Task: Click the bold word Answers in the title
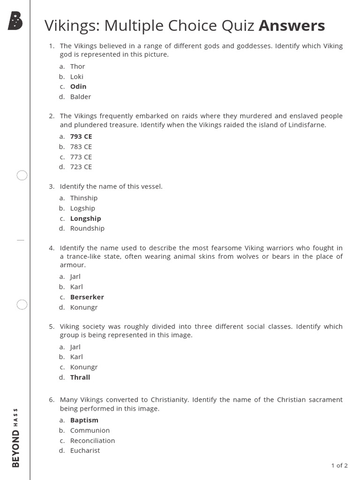[292, 26]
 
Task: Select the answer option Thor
[77, 67]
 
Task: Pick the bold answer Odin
[78, 87]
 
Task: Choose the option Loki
[76, 76]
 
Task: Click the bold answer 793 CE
[81, 136]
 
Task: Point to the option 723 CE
[81, 167]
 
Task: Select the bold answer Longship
[85, 218]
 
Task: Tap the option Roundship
[87, 229]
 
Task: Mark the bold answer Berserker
[87, 297]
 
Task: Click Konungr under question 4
[84, 307]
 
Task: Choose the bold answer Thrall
[80, 377]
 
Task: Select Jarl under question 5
[75, 347]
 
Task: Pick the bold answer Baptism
[84, 420]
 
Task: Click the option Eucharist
[85, 451]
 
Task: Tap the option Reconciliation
[92, 441]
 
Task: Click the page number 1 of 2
[339, 465]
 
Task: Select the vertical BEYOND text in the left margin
[15, 448]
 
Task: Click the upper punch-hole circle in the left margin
[22, 176]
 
